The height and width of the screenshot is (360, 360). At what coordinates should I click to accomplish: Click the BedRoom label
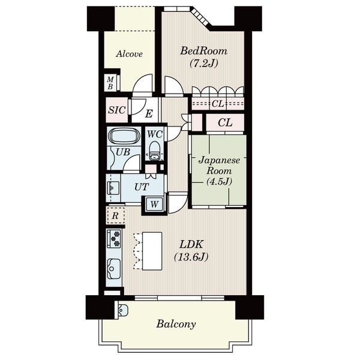(x=203, y=51)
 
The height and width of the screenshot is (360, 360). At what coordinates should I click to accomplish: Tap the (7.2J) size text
(x=203, y=63)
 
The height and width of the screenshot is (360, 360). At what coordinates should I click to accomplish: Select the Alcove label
(x=129, y=54)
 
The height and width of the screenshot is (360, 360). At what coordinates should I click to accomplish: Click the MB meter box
(x=110, y=83)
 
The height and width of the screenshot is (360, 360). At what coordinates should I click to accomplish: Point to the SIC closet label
(x=117, y=110)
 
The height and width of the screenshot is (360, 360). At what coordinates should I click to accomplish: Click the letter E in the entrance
(x=149, y=113)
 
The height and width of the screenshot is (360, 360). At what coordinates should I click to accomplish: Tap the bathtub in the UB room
(x=124, y=137)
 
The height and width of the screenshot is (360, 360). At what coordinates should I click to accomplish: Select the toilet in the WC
(x=154, y=151)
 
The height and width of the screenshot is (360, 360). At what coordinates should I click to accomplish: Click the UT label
(x=142, y=187)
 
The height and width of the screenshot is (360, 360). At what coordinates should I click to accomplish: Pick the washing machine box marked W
(x=154, y=203)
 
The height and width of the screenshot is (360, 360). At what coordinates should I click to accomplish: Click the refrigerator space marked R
(x=115, y=216)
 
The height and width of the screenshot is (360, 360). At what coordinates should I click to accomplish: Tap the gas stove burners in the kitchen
(x=115, y=239)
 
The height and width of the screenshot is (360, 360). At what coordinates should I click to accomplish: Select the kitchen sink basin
(x=114, y=269)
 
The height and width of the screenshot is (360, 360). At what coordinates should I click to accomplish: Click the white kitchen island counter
(x=152, y=251)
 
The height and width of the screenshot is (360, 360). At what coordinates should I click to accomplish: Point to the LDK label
(x=191, y=244)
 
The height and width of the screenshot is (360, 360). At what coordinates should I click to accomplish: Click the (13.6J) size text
(x=191, y=257)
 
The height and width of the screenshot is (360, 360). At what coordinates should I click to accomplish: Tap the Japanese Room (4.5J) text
(x=219, y=171)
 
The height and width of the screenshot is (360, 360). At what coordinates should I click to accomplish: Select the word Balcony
(x=176, y=325)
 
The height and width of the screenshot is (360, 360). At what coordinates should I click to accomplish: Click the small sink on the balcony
(x=122, y=310)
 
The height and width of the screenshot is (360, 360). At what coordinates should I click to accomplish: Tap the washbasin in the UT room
(x=113, y=188)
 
